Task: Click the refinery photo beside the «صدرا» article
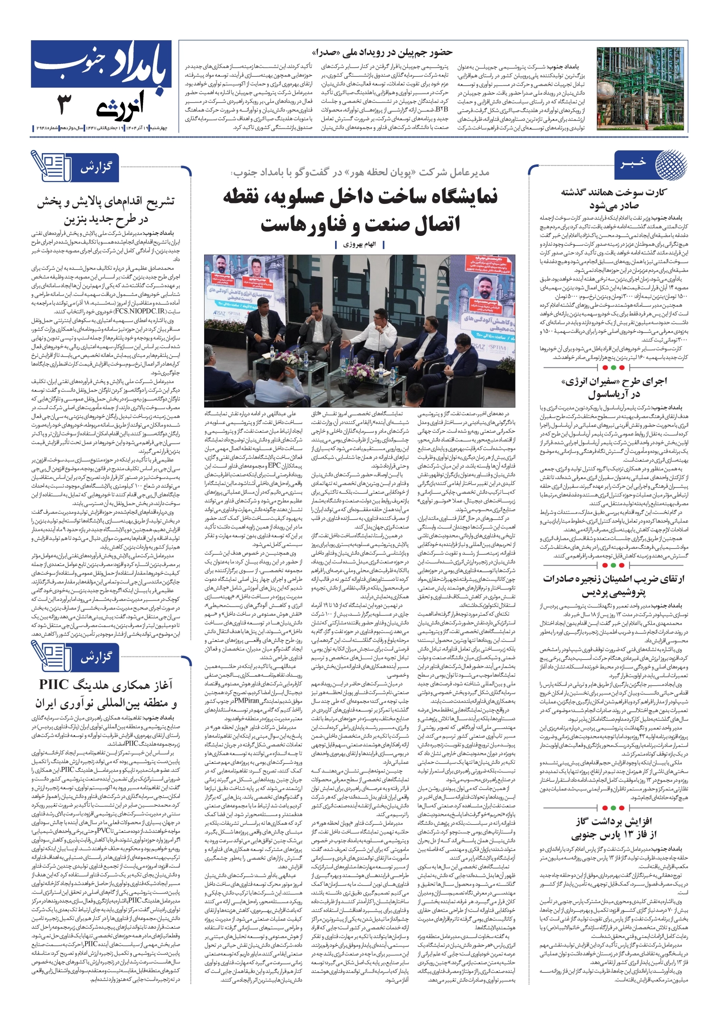pos(640,89)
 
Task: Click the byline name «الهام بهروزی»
pos(359,245)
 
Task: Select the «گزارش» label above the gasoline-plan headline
pos(96,168)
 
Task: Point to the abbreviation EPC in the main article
pos(274,465)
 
